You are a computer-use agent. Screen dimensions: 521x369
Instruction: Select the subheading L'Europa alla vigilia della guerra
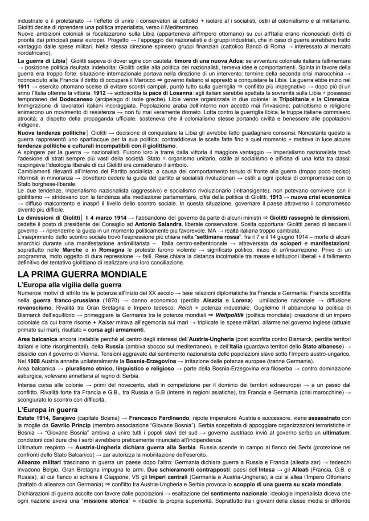(70, 284)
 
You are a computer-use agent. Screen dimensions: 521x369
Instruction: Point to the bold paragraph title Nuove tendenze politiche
(51, 133)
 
